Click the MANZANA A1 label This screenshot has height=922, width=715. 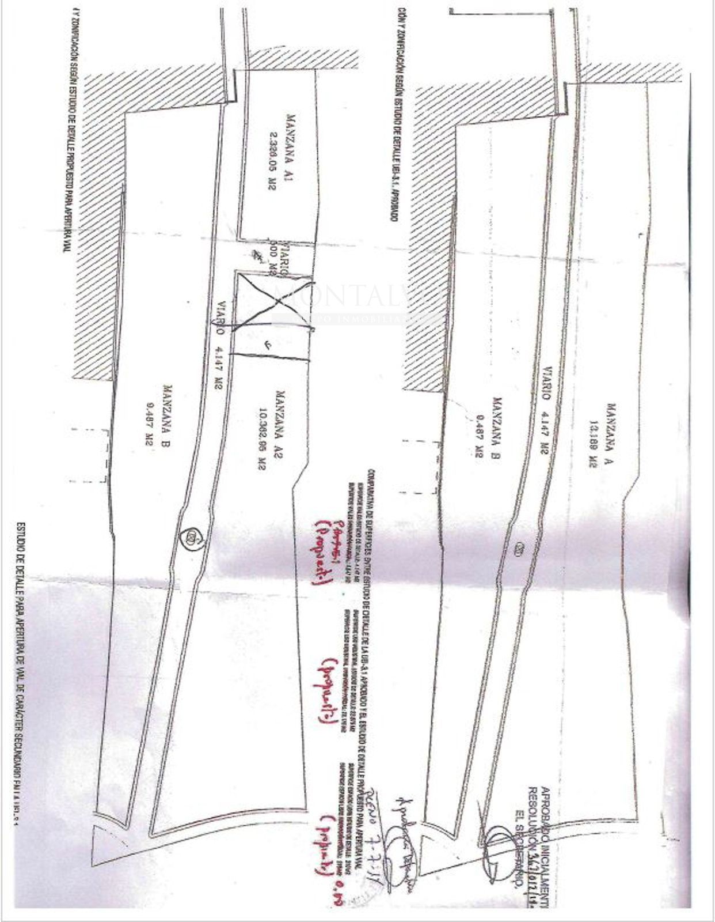tap(290, 152)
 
